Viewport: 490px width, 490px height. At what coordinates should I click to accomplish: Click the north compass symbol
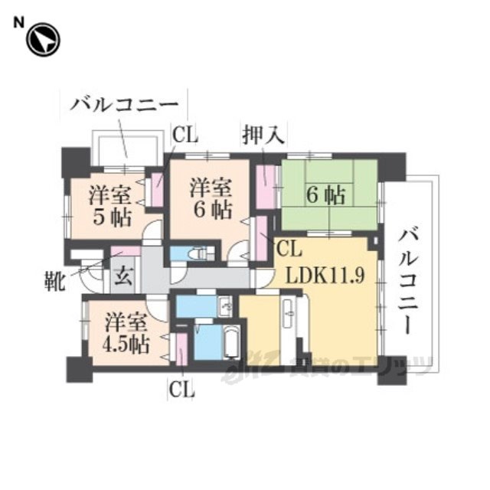(43, 40)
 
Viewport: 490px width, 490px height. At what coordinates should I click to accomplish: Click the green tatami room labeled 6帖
(328, 194)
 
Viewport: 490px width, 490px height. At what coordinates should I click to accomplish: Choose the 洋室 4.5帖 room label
(119, 332)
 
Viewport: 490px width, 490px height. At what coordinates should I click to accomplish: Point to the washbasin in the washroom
(226, 305)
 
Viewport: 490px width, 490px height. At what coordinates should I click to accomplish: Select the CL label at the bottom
(181, 389)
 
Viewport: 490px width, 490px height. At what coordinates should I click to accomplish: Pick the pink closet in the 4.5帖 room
(182, 349)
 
